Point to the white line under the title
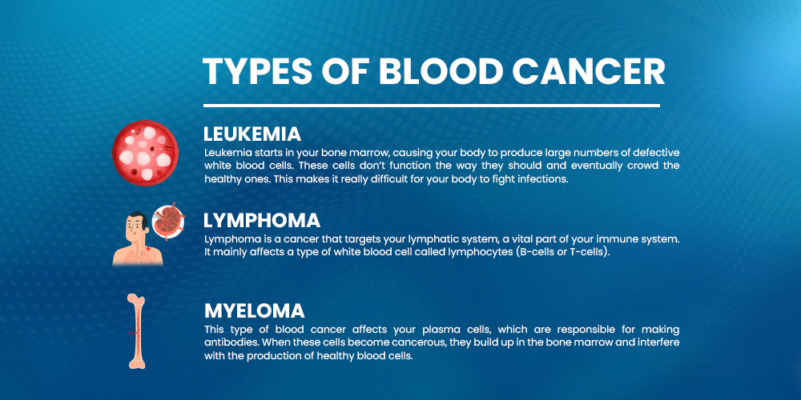[432, 106]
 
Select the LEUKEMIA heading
[252, 134]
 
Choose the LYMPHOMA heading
[262, 221]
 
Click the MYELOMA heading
[255, 310]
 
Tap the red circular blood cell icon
[145, 153]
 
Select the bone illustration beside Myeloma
[136, 331]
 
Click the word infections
[543, 179]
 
